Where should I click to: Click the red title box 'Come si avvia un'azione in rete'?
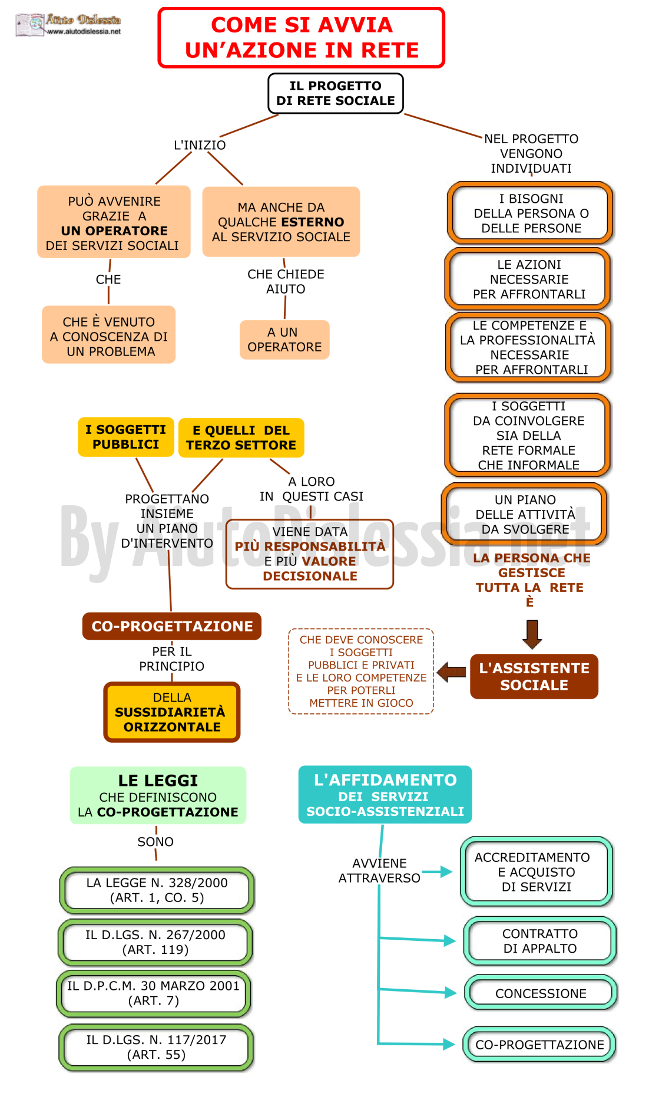301,38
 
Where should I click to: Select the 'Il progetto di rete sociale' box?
336,93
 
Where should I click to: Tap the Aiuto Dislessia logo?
68,25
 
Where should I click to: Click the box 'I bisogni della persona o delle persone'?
531,213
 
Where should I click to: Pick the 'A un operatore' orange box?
284,340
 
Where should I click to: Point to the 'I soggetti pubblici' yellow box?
125,437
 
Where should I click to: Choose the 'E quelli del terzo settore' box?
241,438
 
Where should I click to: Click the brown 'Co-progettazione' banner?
172,626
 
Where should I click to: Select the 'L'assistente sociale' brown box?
534,676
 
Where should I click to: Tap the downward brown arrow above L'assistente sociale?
532,634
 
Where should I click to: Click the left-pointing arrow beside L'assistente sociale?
452,672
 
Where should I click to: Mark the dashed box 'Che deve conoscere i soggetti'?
361,671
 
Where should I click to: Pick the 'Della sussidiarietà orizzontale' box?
172,712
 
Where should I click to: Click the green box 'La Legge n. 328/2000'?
157,890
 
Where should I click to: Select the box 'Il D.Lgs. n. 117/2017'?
156,1047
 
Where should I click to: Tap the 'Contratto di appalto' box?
540,941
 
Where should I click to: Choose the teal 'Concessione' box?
541,993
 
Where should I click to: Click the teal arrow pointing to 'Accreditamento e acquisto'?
437,871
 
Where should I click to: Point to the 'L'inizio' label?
200,145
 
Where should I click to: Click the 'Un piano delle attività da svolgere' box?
525,514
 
